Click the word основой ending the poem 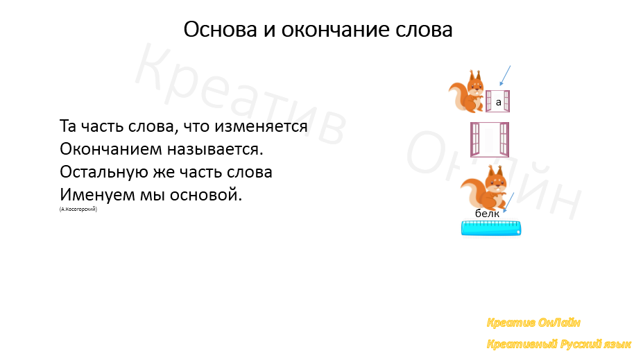[209, 194]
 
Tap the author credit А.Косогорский [78, 208]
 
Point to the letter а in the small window [498, 103]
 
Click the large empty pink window [489, 139]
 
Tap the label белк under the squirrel [487, 214]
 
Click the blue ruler [490, 228]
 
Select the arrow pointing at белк [508, 203]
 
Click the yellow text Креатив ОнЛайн [533, 323]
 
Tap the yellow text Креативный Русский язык [558, 344]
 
